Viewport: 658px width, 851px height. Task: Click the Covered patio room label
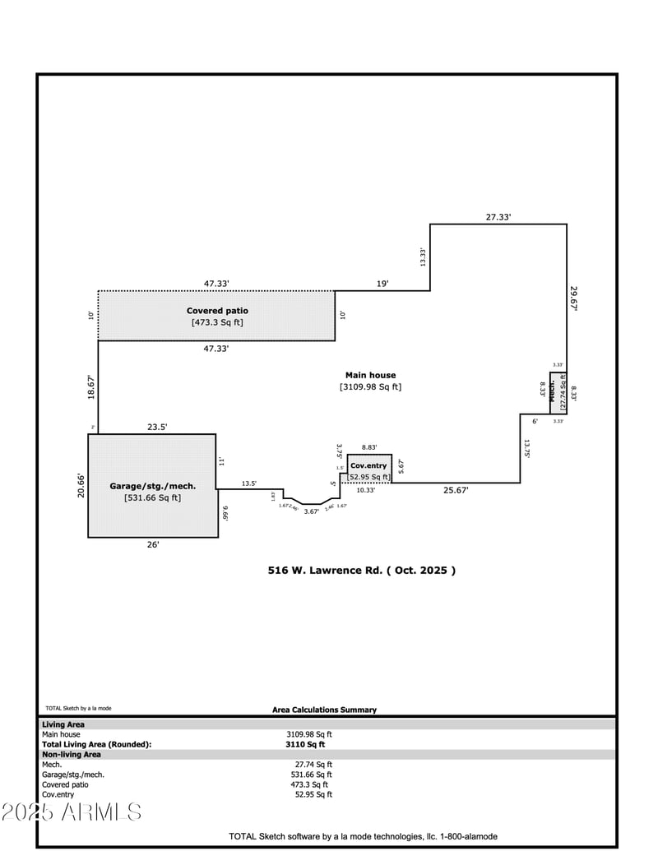pos(217,311)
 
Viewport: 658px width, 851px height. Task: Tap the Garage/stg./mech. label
pos(152,486)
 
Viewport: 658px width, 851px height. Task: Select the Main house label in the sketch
pos(370,375)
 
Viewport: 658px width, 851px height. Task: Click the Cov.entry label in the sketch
pos(368,465)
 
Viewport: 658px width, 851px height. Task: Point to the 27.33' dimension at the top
pos(498,217)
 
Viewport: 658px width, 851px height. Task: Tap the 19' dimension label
pos(382,284)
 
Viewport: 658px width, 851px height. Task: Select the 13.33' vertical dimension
pos(423,257)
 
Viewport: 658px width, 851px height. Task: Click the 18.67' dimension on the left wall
pos(90,385)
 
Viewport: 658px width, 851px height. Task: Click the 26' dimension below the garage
pos(153,544)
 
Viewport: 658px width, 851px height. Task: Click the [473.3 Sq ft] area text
pos(217,322)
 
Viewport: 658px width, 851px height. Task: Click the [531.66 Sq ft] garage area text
pos(152,497)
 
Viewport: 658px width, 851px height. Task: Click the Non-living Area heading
pos(72,754)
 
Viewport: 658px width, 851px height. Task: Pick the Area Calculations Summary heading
pos(324,710)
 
